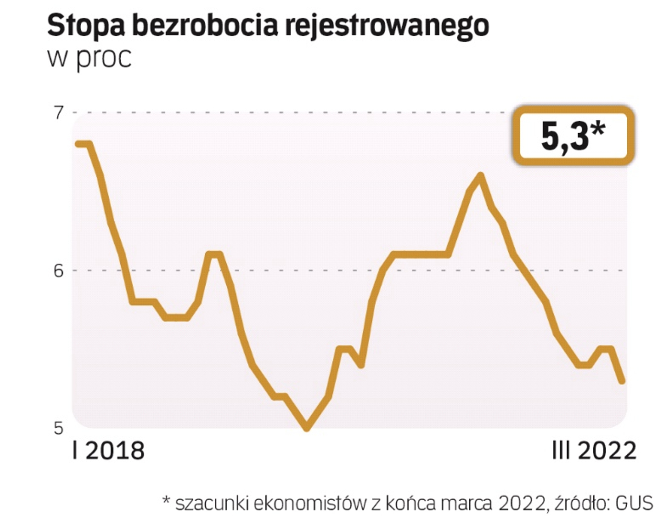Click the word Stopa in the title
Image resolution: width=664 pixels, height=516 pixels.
tap(86, 25)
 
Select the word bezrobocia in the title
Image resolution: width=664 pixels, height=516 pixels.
tap(204, 25)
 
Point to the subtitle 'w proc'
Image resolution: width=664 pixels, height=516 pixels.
tap(89, 58)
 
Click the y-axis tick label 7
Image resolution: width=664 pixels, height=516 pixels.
tap(58, 113)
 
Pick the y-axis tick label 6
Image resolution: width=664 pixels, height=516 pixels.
tap(58, 271)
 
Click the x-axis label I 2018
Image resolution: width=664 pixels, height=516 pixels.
tap(108, 451)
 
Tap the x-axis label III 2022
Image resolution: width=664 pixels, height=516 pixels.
tap(594, 451)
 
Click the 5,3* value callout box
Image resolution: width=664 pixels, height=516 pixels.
tap(573, 136)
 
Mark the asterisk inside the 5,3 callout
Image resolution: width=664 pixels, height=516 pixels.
tap(597, 129)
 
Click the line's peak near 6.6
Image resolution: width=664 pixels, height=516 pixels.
tap(481, 176)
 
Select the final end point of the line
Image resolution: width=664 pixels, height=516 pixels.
tap(622, 381)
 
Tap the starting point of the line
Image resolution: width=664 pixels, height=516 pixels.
tap(79, 144)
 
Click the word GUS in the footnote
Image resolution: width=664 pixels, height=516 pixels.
tap(634, 503)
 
